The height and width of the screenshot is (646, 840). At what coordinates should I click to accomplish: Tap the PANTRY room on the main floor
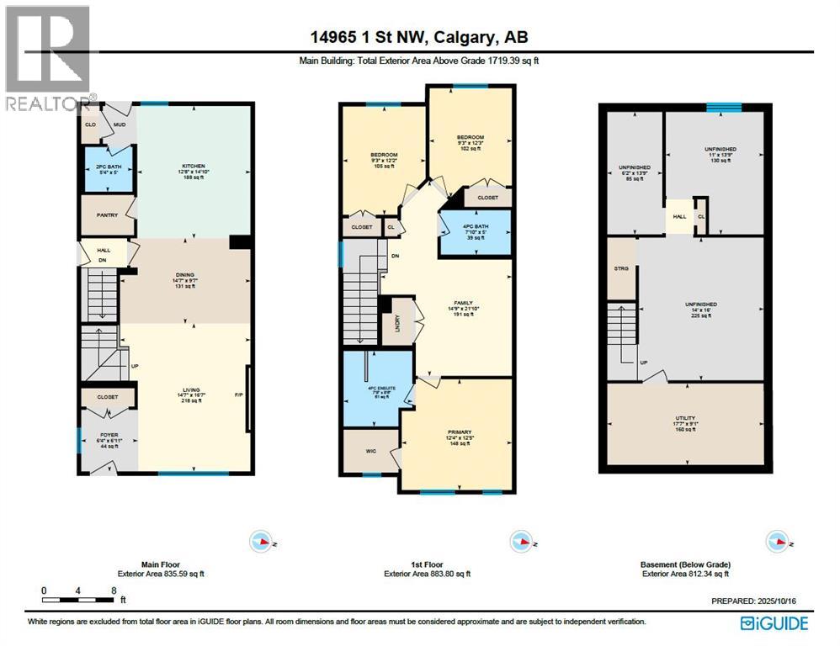(x=107, y=216)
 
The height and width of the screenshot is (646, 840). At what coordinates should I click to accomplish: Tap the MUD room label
(x=120, y=124)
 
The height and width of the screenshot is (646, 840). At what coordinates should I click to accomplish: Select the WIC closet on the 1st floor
(x=371, y=451)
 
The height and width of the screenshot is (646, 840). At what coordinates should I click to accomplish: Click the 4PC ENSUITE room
(x=376, y=389)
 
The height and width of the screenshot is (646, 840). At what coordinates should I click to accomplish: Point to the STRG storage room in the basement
(x=622, y=269)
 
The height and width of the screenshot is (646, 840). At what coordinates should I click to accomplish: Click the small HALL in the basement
(x=678, y=216)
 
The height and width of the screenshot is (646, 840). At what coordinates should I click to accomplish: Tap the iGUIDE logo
(x=774, y=623)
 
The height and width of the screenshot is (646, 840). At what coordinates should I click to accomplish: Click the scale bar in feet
(x=78, y=600)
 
